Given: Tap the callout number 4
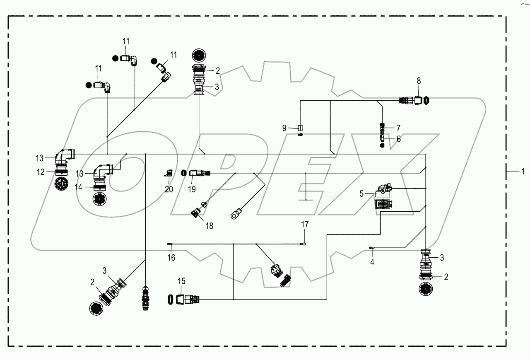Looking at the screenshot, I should (x=372, y=262).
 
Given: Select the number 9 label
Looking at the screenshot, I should (x=284, y=128).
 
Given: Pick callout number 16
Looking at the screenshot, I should (x=171, y=258).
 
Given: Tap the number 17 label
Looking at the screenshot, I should (x=305, y=225).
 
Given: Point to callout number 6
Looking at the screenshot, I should (x=398, y=139).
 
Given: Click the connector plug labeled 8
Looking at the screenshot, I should (x=415, y=100).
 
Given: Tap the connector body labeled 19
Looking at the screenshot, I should (x=196, y=173).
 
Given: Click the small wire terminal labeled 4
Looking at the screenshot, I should (x=372, y=248).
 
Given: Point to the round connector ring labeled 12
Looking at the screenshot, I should (x=60, y=172).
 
